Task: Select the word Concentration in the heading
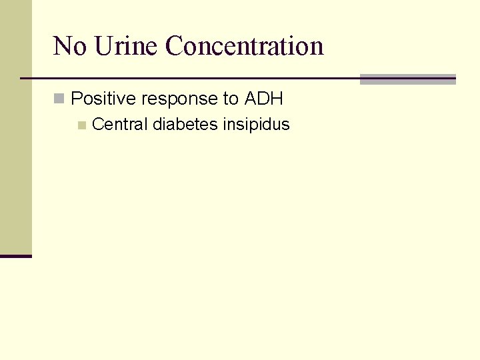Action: click(x=244, y=46)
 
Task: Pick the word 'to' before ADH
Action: click(x=231, y=99)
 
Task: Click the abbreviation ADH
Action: click(x=264, y=99)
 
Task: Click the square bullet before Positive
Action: click(x=59, y=99)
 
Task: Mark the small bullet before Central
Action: click(x=81, y=125)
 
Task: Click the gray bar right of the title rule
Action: click(x=407, y=79)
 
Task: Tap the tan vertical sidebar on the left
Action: click(x=15, y=127)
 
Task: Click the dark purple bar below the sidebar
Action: click(x=15, y=256)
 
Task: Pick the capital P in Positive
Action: click(x=76, y=99)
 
